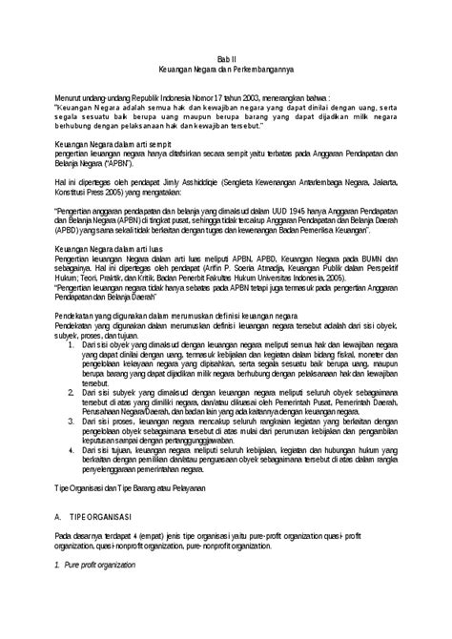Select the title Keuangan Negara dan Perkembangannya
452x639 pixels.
pos(225,70)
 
